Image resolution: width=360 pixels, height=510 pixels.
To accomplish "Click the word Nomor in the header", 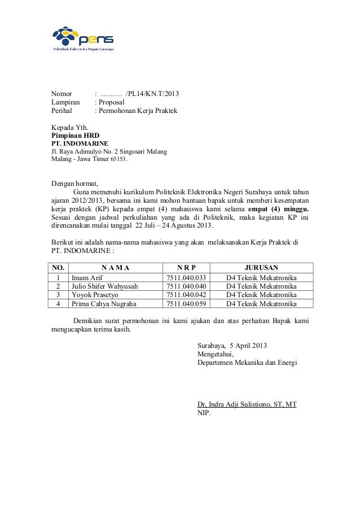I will [62, 93].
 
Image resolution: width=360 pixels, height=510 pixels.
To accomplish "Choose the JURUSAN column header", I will [260, 268].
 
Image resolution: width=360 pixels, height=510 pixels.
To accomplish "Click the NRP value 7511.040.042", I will [185, 295].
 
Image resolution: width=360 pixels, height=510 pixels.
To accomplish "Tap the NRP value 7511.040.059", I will [185, 303].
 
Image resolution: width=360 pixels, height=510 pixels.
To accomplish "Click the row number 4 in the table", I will [58, 303].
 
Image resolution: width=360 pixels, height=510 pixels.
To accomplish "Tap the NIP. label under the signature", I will [204, 413].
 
